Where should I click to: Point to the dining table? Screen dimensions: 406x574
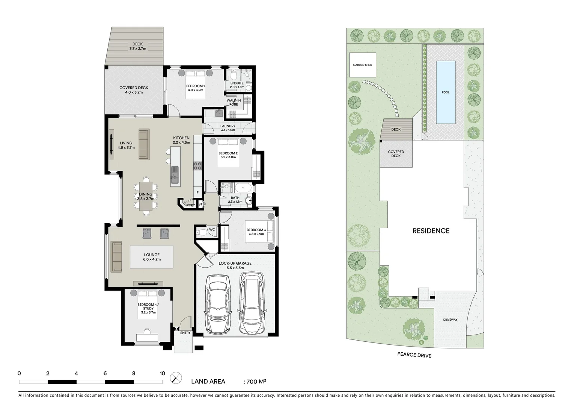click(146, 195)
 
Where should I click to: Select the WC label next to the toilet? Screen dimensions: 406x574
click(212, 229)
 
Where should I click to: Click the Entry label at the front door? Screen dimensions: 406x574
click(185, 333)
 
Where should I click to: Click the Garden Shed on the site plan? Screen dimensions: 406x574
click(363, 65)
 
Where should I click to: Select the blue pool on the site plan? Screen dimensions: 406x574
click(446, 92)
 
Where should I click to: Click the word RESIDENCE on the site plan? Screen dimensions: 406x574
click(431, 231)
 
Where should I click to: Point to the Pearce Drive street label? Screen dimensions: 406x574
click(414, 354)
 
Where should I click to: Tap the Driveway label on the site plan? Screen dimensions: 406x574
click(450, 320)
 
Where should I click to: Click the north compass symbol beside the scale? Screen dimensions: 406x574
click(176, 377)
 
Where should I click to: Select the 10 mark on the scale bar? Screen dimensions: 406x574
click(162, 373)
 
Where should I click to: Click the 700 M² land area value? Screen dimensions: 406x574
click(256, 382)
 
